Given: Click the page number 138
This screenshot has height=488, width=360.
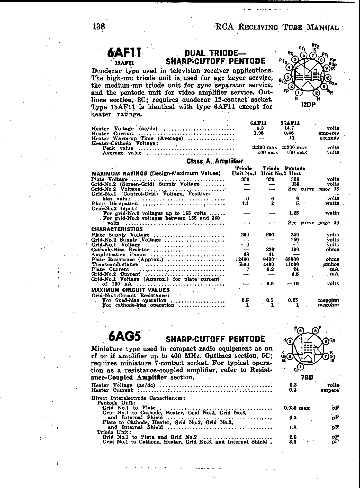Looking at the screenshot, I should coord(98,26).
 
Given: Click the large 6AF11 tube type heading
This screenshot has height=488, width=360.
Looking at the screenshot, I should coord(124,54).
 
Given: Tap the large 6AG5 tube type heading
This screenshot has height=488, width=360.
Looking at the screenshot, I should coord(125,336).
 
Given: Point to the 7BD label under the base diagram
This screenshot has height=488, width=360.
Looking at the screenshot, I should coord(307,377).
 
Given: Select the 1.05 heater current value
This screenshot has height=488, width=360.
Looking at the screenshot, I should coord(258,133).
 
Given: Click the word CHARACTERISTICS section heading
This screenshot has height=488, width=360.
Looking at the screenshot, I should coord(117,229).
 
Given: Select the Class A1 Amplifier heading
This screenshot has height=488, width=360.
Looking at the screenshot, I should coord(214,161).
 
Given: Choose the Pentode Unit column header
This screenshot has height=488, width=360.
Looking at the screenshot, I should coord(295,171).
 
